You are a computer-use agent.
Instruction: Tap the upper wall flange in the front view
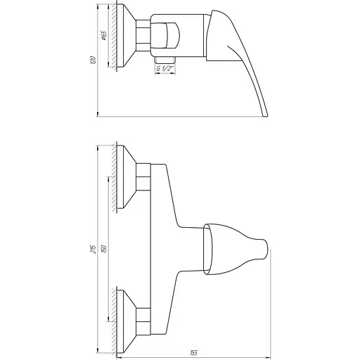(127, 179)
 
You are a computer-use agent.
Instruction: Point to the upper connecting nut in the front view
(144, 179)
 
